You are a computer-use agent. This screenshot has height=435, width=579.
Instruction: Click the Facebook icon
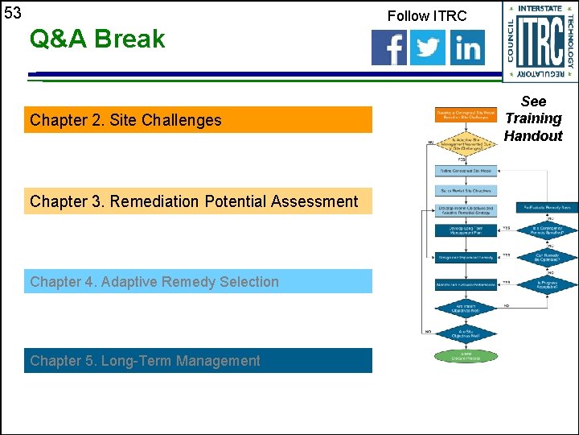pyautogui.click(x=389, y=48)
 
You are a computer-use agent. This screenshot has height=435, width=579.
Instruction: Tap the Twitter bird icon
pyautogui.click(x=428, y=48)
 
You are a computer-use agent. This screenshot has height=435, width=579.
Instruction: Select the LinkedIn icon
pyautogui.click(x=467, y=48)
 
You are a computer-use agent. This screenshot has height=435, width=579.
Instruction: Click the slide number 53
pyautogui.click(x=13, y=13)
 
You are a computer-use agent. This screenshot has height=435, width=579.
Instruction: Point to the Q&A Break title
pyautogui.click(x=96, y=39)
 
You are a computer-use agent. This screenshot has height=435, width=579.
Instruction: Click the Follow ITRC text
pyautogui.click(x=426, y=15)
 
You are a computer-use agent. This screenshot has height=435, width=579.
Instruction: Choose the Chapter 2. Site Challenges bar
pyautogui.click(x=198, y=120)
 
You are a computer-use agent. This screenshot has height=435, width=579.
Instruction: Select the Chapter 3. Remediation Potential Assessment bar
pyautogui.click(x=198, y=201)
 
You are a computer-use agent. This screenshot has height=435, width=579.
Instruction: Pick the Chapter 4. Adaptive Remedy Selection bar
pyautogui.click(x=198, y=282)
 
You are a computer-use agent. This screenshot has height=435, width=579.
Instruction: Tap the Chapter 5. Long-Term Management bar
pyautogui.click(x=198, y=361)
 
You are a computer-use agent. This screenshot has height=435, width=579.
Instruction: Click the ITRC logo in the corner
pyautogui.click(x=540, y=40)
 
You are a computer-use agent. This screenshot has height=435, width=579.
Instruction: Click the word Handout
pyautogui.click(x=533, y=136)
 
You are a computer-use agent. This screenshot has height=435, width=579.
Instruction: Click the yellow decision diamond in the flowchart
pyautogui.click(x=466, y=144)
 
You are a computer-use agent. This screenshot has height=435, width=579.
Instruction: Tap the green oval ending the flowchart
pyautogui.click(x=466, y=355)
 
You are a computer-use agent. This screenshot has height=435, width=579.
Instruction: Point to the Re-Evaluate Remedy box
pyautogui.click(x=547, y=208)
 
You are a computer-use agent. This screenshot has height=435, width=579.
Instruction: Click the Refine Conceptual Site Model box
pyautogui.click(x=466, y=171)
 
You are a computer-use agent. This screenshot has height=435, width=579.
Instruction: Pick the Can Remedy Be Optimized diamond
pyautogui.click(x=547, y=258)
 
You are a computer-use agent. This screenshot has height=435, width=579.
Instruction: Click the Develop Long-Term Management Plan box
pyautogui.click(x=466, y=231)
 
